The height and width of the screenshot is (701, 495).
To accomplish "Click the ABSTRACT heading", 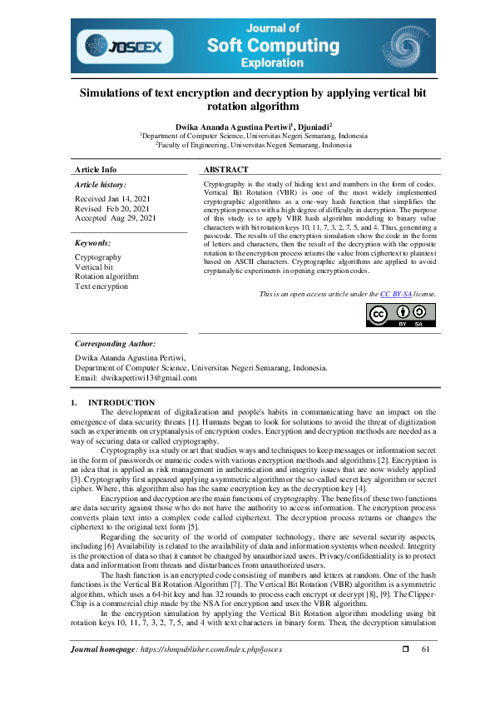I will pyautogui.click(x=225, y=169).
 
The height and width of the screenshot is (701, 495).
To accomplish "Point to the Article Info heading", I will pyautogui.click(x=96, y=169).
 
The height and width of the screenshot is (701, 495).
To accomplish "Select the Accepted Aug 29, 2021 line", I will pyautogui.click(x=116, y=217).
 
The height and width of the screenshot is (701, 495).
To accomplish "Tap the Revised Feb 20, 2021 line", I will pyautogui.click(x=112, y=208).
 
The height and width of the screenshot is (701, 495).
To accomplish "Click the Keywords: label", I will pyautogui.click(x=92, y=242).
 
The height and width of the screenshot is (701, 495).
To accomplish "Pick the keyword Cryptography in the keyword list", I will pyautogui.click(x=98, y=258).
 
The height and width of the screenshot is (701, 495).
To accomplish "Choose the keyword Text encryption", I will pyautogui.click(x=101, y=286).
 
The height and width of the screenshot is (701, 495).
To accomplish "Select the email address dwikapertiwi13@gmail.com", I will pyautogui.click(x=149, y=377).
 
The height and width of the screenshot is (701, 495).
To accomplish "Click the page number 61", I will pyautogui.click(x=426, y=672).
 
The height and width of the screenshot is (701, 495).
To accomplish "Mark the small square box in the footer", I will pyautogui.click(x=406, y=672).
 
